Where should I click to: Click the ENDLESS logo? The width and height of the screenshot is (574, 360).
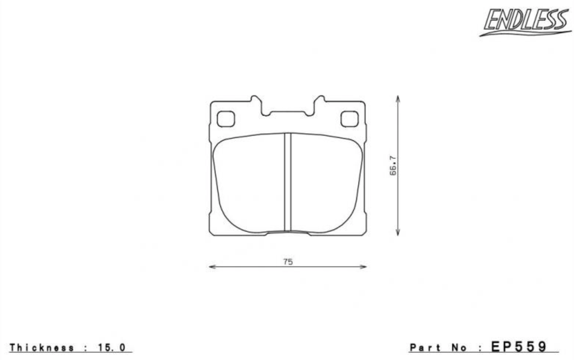(x=525, y=22)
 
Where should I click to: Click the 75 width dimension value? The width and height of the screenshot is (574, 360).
(x=288, y=262)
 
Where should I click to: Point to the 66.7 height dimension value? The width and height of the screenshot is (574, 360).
(x=393, y=166)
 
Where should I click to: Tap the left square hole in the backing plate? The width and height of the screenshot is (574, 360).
(x=226, y=119)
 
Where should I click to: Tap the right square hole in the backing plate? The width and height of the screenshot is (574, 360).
(x=349, y=119)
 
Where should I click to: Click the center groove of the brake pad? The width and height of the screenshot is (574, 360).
(x=288, y=182)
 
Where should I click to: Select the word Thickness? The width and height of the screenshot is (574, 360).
(x=42, y=348)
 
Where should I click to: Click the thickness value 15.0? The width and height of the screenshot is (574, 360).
(x=112, y=348)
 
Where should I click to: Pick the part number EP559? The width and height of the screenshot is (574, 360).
(x=519, y=347)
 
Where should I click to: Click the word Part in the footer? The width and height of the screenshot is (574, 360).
(x=426, y=348)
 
